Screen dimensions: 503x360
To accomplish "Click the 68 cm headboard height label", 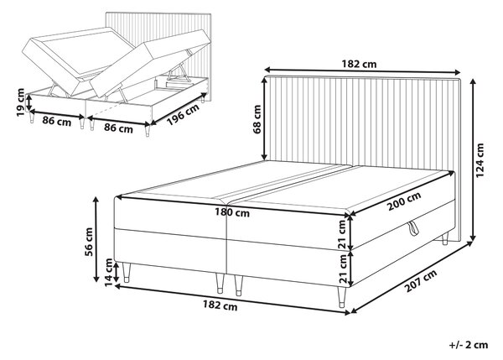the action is (x=257, y=119).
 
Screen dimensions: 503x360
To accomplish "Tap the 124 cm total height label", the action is (x=480, y=160).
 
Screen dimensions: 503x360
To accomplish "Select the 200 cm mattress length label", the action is (x=404, y=201).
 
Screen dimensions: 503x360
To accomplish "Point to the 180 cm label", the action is (x=232, y=212).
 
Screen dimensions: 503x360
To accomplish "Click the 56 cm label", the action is (x=88, y=242).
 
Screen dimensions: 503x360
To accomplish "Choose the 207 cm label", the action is (x=421, y=281).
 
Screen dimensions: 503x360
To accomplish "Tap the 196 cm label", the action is (x=183, y=113).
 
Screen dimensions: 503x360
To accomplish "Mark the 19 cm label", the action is (x=20, y=102).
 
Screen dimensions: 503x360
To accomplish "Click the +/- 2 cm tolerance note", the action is (x=469, y=345).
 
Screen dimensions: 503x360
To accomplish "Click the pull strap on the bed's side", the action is (x=413, y=228).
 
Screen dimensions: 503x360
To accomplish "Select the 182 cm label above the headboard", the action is (x=359, y=65).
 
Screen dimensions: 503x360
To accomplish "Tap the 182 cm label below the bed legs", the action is (x=220, y=305).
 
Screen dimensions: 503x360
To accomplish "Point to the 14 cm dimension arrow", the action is (x=117, y=271).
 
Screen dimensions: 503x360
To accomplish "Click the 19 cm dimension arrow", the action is (x=29, y=102).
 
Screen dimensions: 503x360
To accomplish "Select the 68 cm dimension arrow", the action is (x=265, y=118).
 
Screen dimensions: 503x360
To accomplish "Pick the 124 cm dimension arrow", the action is (x=473, y=159).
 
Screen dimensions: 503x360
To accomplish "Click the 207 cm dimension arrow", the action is (x=412, y=277).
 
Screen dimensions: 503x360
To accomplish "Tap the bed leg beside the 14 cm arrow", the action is (x=126, y=272).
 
